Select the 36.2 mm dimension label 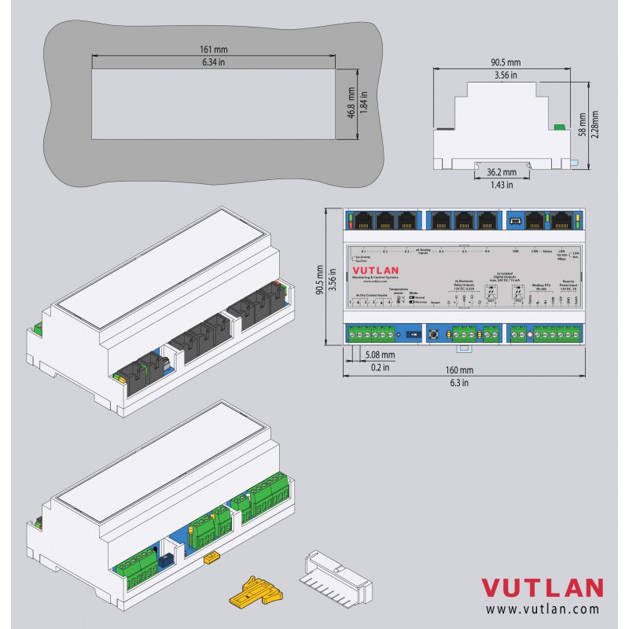click(x=500, y=171)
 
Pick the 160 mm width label click(x=461, y=370)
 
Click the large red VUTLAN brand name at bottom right click(x=542, y=588)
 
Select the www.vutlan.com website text click(x=542, y=609)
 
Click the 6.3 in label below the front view click(x=461, y=382)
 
